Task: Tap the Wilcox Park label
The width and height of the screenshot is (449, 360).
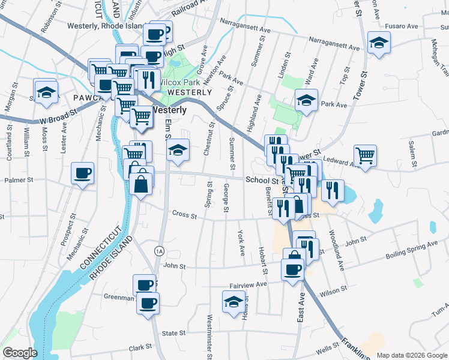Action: point(180,82)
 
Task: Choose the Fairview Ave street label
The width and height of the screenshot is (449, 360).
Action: point(248,284)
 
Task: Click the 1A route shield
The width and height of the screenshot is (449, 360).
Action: point(159,250)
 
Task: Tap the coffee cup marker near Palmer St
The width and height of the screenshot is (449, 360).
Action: point(82,173)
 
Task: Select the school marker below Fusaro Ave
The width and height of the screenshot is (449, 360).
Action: point(379,43)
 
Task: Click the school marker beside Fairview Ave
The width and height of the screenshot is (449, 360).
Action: point(234,301)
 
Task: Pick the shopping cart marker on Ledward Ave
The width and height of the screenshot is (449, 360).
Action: point(365,156)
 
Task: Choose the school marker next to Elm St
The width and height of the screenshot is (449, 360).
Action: point(178,150)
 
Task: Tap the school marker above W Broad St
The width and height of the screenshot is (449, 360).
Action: point(45,92)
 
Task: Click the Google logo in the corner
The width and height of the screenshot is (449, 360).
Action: point(19,353)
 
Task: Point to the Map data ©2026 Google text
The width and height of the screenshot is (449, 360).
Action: point(412,355)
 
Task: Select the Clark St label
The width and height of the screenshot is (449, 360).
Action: point(139,348)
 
